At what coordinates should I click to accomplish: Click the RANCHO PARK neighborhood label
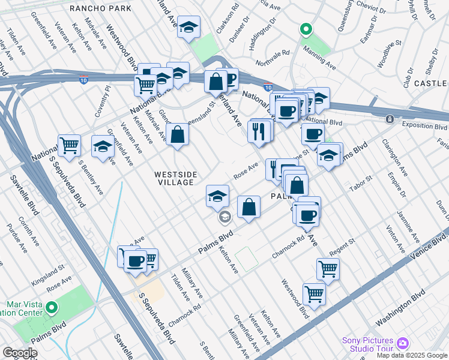tap(97, 8)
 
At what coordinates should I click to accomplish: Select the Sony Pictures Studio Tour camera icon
tap(403, 343)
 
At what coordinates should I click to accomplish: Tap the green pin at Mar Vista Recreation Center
tap(52, 308)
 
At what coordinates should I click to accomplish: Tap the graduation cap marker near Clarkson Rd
tap(189, 27)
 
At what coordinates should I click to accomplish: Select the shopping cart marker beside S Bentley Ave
tap(70, 145)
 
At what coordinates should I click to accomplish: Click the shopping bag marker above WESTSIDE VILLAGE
tap(178, 134)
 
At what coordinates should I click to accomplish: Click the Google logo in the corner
tap(20, 353)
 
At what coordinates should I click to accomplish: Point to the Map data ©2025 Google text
tap(412, 355)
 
